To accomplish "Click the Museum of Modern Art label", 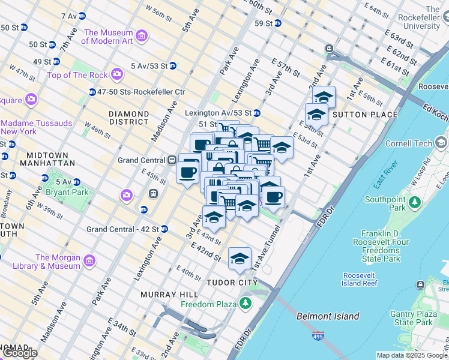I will [107, 37].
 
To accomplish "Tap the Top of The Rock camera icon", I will [117, 74].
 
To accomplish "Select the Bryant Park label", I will [68, 192].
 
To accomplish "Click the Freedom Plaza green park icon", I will [245, 304].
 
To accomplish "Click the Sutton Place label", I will [364, 115].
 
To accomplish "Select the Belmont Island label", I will [328, 316].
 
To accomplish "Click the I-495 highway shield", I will [318, 336].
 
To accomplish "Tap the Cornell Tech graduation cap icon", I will [441, 142].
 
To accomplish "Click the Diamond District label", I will [129, 118].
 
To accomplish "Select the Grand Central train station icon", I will [172, 160].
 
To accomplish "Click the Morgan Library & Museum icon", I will [89, 261].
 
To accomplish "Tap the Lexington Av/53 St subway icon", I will [257, 113].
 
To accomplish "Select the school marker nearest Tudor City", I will [240, 259].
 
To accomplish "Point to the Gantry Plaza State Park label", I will [414, 318].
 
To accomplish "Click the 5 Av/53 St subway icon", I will [173, 65].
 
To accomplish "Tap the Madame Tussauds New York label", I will [36, 127].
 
